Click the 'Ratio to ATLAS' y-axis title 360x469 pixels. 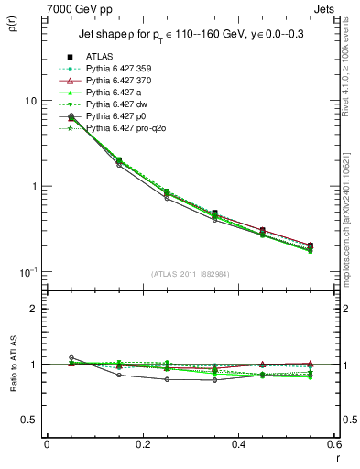pyautogui.click(x=12, y=368)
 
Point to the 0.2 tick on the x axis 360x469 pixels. pyautogui.click(x=143, y=444)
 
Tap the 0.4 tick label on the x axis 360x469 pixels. pyautogui.click(x=239, y=444)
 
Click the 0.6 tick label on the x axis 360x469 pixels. pyautogui.click(x=334, y=444)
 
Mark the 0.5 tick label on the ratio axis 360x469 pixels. pyautogui.click(x=33, y=420)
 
